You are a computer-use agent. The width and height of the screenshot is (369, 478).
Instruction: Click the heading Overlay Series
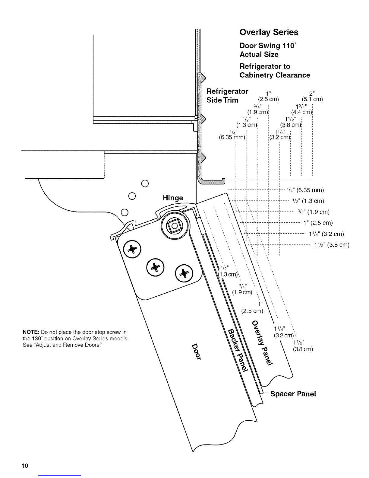[269, 32]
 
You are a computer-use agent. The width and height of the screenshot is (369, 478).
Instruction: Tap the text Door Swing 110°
[268, 46]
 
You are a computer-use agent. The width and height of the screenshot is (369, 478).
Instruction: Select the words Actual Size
[259, 55]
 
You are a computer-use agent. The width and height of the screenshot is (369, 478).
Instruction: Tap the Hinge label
[173, 198]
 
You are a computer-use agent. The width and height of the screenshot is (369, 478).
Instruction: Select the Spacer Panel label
[293, 394]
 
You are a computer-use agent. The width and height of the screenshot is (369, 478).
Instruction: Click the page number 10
[24, 466]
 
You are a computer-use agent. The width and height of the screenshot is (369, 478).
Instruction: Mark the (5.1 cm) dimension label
[312, 99]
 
